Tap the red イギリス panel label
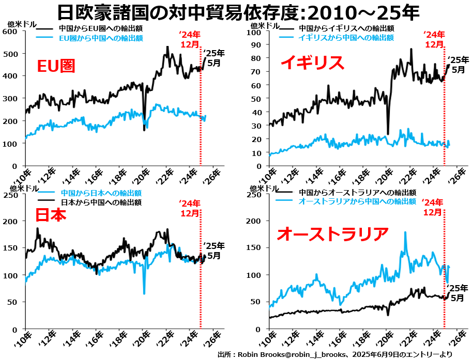click(312, 62)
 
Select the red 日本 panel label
click(51, 215)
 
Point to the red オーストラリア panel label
click(332, 234)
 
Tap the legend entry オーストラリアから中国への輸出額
click(357, 201)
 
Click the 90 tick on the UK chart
click(256, 45)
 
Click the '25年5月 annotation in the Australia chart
click(458, 293)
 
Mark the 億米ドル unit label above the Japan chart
click(18, 188)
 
